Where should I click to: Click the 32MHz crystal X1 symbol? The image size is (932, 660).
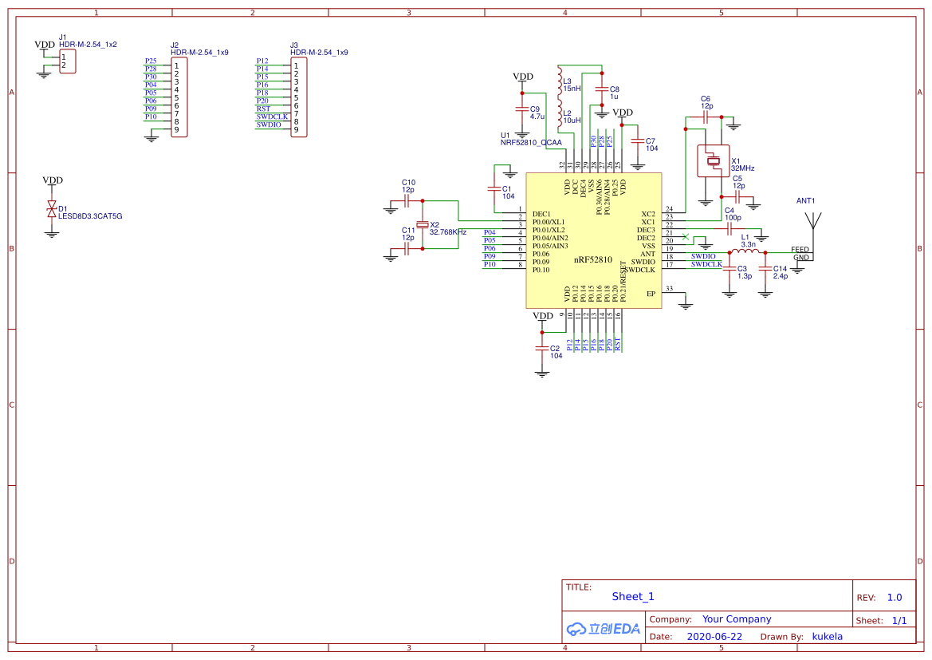coord(714,162)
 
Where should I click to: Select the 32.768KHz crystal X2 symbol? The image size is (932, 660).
coord(423,225)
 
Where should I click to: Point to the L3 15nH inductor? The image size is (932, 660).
coord(559,79)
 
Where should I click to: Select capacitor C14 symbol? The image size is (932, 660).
coord(765,268)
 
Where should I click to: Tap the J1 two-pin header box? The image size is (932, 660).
coord(68,61)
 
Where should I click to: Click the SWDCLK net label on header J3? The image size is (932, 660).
coord(272,117)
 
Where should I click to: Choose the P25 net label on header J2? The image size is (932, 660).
coord(151,61)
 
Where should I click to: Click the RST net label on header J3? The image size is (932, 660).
coord(263,109)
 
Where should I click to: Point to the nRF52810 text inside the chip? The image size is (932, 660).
coord(592,260)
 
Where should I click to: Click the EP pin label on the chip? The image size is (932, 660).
coord(651,294)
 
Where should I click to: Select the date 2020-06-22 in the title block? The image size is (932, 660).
coord(714,637)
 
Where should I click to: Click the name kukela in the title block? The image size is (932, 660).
coord(827,637)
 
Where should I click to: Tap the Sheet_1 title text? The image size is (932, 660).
coord(632,596)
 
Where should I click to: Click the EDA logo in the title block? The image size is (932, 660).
coord(604,629)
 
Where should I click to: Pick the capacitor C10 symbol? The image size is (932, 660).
coord(407,202)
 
